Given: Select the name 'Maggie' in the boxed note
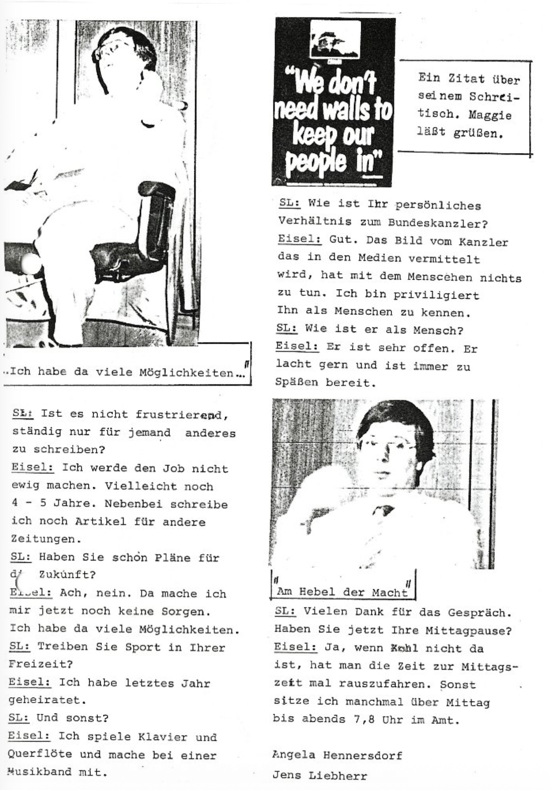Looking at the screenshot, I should tap(490, 115).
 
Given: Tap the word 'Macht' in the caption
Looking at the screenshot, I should tap(389, 593).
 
